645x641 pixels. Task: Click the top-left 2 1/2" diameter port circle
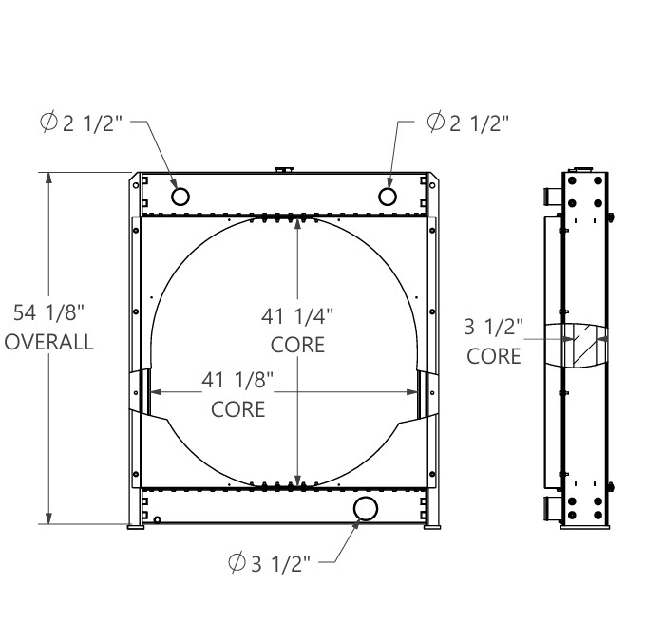[180, 197]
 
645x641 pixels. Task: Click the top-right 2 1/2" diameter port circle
[387, 197]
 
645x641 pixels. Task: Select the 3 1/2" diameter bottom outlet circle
[366, 508]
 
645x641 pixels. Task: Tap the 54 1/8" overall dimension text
[49, 312]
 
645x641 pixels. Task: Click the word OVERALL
[49, 342]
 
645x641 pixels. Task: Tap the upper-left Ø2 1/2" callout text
[82, 123]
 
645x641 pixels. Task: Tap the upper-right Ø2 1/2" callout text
[468, 123]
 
